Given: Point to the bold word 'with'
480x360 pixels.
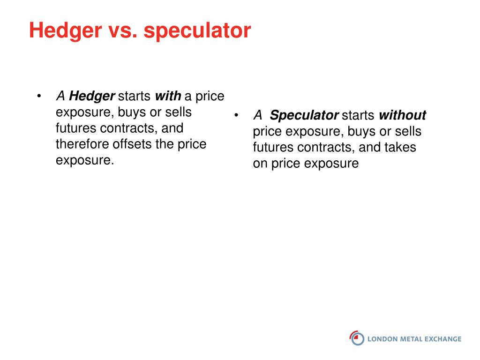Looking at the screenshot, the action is click(168, 96).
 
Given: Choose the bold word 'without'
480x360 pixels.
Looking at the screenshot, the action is click(402, 115).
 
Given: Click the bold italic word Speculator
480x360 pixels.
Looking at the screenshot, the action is click(304, 116).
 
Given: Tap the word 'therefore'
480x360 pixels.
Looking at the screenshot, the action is click(82, 144).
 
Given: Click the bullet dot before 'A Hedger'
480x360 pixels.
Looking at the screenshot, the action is click(39, 97).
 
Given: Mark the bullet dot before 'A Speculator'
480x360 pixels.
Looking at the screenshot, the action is click(236, 115).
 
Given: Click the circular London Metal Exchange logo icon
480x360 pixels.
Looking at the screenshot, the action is click(357, 338).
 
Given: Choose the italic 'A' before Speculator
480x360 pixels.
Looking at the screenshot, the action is click(258, 115).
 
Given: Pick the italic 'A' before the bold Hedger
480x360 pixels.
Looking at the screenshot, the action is click(60, 96).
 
